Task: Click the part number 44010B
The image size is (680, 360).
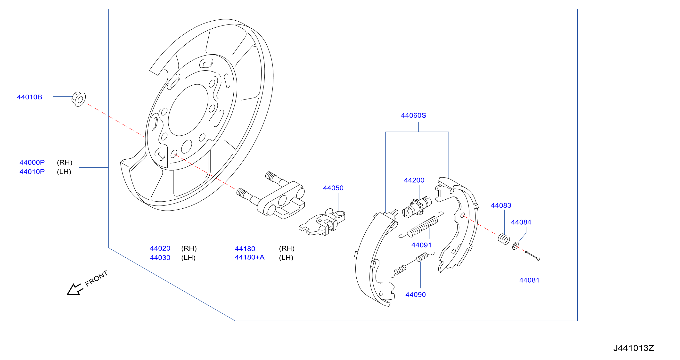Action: tap(30, 97)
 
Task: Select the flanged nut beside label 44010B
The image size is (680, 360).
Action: tap(79, 99)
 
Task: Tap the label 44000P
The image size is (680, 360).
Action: tap(32, 162)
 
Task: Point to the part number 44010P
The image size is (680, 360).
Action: tap(32, 172)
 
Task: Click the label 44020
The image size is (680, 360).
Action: tap(160, 248)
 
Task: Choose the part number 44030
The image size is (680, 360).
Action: tap(160, 258)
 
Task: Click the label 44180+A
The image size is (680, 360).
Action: tap(249, 257)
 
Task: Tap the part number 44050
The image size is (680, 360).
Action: tap(333, 188)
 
